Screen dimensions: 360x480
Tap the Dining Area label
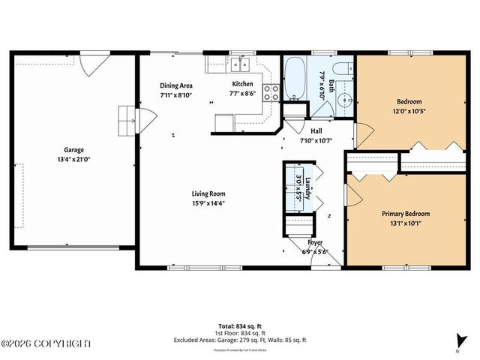pos(176,85)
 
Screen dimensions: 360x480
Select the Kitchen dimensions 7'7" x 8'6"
pos(242,94)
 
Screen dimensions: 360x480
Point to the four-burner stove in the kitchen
pos(272,92)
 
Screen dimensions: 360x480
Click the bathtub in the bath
pos(293,82)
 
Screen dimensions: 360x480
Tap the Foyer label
pos(315,242)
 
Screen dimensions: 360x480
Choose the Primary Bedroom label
pos(406,213)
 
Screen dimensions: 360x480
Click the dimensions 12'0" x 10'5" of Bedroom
pos(409,111)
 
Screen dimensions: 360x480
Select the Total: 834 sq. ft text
pos(240,325)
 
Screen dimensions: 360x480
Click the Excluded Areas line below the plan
pos(240,340)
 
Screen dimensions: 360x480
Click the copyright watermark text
pos(46,343)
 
